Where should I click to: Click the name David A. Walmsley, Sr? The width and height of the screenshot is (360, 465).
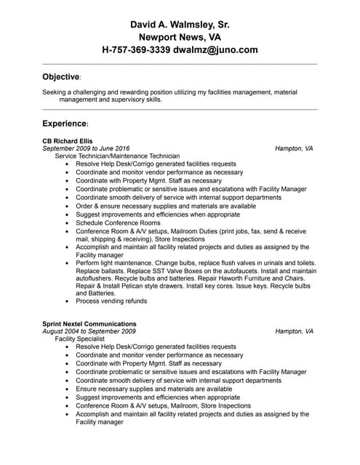pos(180,24)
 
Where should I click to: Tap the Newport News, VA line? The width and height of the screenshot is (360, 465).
pos(180,37)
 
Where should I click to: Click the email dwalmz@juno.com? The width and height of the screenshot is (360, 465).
pos(215,50)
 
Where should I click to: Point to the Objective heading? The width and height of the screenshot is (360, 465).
pos(60,76)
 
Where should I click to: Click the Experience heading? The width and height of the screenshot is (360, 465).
pos(64,124)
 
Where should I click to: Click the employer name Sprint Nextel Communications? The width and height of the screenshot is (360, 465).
pos(89,323)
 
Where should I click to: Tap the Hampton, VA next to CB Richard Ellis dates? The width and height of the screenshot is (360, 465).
pos(294,148)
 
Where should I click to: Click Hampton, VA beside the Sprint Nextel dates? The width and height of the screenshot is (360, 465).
pos(294,331)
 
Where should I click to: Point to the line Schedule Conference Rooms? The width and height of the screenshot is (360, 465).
pos(118,222)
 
